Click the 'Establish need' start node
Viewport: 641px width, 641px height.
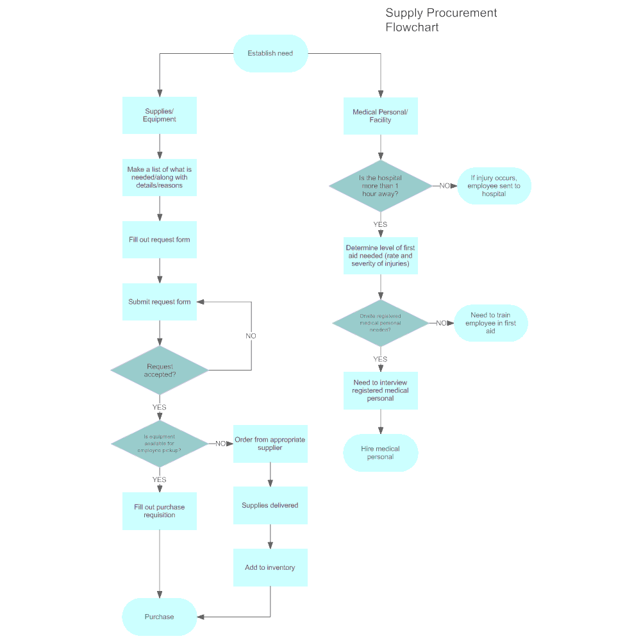point(271,53)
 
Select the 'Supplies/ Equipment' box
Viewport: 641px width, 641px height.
point(160,115)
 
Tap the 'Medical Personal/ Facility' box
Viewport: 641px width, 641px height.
point(380,116)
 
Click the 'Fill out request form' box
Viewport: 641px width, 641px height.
point(160,240)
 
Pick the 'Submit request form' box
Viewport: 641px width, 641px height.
point(160,302)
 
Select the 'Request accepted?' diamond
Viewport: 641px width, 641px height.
point(160,370)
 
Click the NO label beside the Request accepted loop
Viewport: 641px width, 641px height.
point(251,336)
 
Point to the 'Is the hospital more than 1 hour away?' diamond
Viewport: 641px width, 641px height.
point(380,186)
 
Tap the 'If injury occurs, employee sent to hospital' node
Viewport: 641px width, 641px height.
point(494,186)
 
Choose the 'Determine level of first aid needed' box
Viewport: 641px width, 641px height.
point(380,256)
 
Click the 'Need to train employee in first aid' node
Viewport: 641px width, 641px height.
point(490,323)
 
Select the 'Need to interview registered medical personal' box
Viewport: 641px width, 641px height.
point(380,390)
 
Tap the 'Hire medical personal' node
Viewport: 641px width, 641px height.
point(380,453)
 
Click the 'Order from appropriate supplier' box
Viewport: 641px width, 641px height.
point(270,444)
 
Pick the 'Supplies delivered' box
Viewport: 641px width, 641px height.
point(270,505)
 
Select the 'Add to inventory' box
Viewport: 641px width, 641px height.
point(270,567)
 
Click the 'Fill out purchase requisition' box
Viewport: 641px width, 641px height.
point(160,511)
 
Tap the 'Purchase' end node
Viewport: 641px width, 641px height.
point(159,617)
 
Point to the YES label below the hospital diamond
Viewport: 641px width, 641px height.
point(380,224)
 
